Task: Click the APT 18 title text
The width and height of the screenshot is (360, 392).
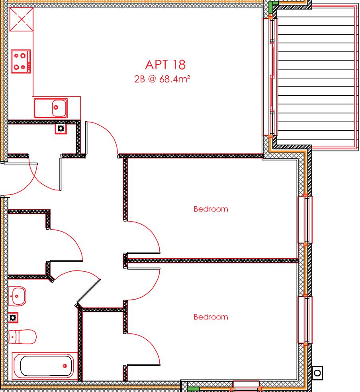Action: point(165,65)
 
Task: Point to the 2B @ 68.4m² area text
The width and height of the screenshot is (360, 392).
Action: point(162,79)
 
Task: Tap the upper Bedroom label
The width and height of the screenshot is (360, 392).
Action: point(211,209)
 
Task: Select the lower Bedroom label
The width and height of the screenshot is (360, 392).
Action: point(211,317)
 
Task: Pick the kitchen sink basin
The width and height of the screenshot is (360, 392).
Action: point(59,107)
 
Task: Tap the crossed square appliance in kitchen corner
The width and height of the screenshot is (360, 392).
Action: point(21,19)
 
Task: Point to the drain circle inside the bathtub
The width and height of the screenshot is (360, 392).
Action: point(65,366)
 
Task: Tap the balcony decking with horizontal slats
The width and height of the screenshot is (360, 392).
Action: point(315,76)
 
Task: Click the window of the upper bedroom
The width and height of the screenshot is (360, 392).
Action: point(305,220)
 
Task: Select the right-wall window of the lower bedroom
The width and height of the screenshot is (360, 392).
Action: point(305,320)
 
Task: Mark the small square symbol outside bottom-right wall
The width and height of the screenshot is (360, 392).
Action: point(317,373)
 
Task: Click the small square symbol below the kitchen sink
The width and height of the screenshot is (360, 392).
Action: point(61,128)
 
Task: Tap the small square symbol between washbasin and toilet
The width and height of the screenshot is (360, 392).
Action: point(13,317)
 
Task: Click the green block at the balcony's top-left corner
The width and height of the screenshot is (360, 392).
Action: point(273,6)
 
